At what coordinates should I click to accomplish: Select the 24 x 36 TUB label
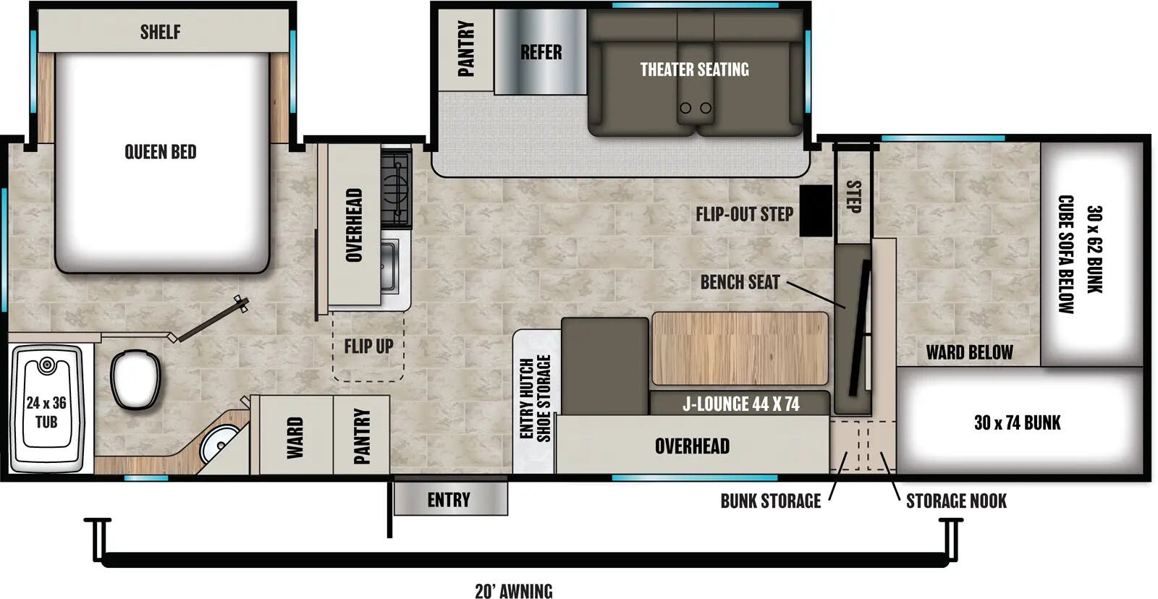(x=46, y=412)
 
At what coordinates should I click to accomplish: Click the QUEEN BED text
(x=161, y=152)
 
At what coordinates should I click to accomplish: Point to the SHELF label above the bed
(x=161, y=32)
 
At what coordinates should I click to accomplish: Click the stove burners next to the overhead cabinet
(x=396, y=186)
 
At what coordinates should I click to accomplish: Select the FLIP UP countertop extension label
(x=368, y=347)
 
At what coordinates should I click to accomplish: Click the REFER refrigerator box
(x=541, y=52)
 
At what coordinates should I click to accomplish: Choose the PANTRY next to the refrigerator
(x=466, y=49)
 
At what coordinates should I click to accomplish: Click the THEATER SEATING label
(x=694, y=69)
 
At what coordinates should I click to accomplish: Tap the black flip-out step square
(x=816, y=211)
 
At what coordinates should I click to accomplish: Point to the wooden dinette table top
(x=740, y=349)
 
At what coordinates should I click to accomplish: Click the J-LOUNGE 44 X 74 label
(x=740, y=404)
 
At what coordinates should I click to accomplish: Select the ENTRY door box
(x=449, y=500)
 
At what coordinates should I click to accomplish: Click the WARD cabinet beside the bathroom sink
(x=294, y=437)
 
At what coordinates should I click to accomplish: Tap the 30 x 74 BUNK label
(x=1017, y=422)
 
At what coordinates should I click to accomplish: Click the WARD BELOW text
(x=969, y=353)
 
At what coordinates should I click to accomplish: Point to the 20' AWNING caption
(x=513, y=591)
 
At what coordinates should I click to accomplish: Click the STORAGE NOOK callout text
(x=955, y=501)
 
